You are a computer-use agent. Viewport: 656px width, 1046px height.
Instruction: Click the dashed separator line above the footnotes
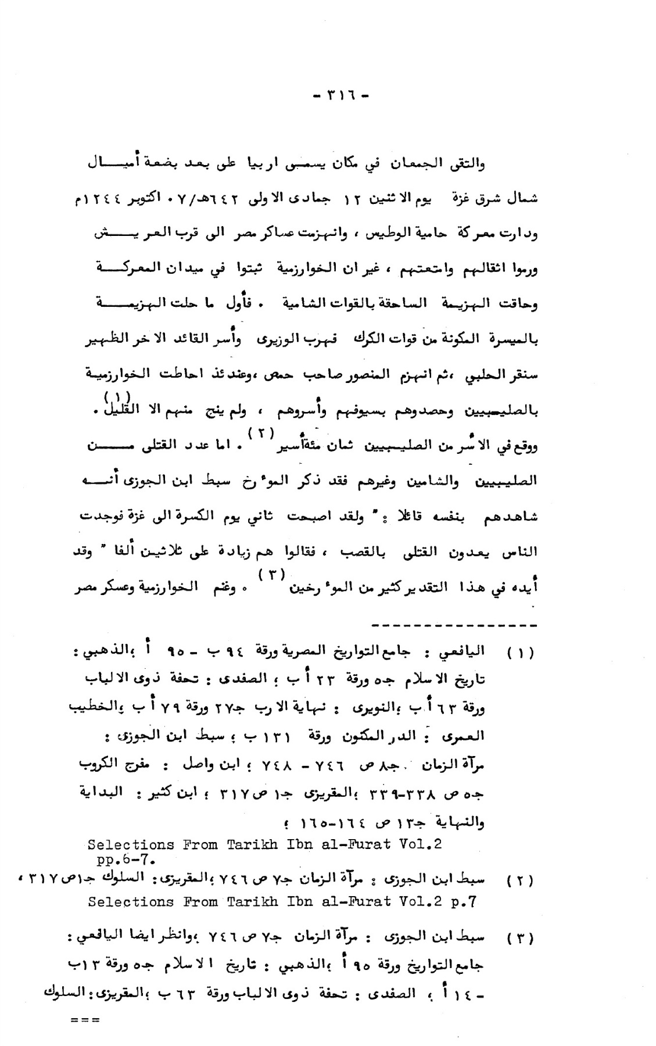tap(453, 626)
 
